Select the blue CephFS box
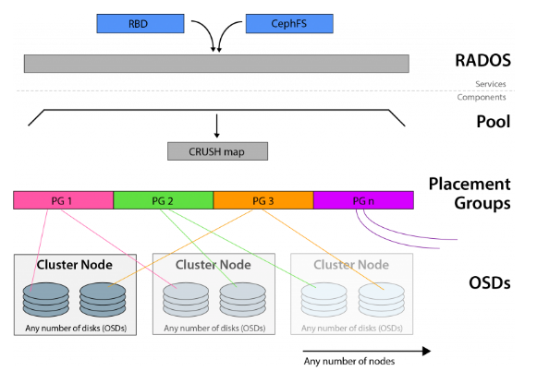[x=286, y=24]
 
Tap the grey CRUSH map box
[x=216, y=150]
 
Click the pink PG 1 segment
[x=63, y=200]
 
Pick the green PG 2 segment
[x=163, y=200]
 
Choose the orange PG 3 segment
[x=263, y=200]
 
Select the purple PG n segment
[x=363, y=200]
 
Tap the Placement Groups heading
[x=469, y=193]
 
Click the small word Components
[x=482, y=97]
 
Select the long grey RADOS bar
[x=216, y=63]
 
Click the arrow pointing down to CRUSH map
[x=216, y=126]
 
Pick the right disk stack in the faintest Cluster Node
[x=379, y=297]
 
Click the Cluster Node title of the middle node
[x=214, y=265]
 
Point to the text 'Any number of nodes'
[x=349, y=362]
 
